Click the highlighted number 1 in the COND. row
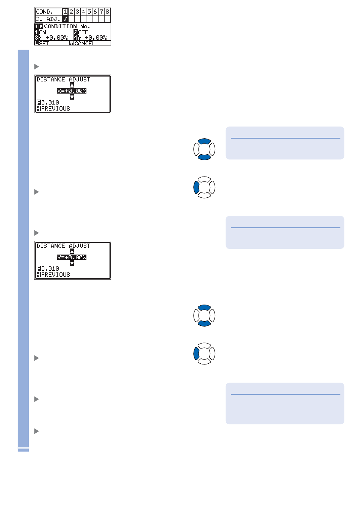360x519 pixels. tap(65, 12)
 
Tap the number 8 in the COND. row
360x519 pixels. tap(107, 12)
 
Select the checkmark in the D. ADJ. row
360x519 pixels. tap(65, 19)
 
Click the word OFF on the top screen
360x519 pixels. tap(83, 32)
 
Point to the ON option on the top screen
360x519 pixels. tap(42, 32)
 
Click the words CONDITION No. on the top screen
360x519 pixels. tap(67, 26)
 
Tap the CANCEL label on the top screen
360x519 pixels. tap(84, 43)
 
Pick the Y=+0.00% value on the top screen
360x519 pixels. tap(92, 38)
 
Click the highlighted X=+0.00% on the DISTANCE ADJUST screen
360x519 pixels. tap(72, 91)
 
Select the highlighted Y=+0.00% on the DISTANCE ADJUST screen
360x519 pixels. tap(72, 257)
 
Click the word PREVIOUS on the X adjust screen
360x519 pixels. tap(55, 108)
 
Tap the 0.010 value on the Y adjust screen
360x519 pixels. tap(50, 269)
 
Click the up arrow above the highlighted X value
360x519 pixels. tap(72, 85)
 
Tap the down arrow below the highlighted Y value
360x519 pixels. tap(72, 263)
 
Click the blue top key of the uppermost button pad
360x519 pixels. tap(204, 142)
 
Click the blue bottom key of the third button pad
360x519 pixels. tap(204, 323)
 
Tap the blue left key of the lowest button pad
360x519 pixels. tap(196, 354)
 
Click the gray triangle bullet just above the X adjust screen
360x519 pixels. tap(37, 67)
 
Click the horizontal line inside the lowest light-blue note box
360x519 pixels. tap(285, 394)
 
